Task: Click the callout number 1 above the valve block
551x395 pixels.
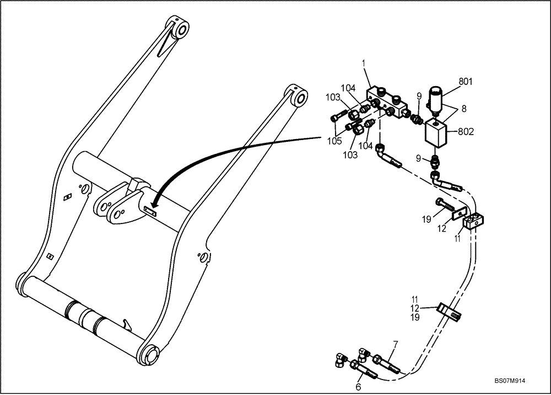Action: (x=364, y=64)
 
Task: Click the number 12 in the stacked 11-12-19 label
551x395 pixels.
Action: (x=414, y=308)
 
